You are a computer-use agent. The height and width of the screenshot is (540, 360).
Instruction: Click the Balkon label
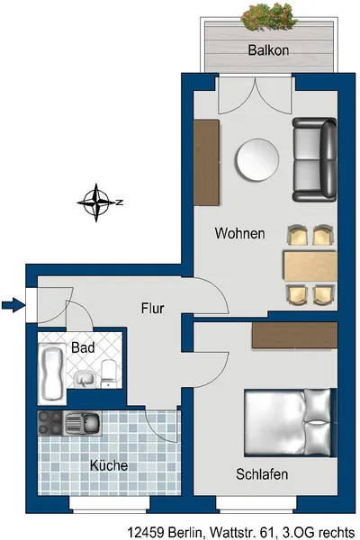(268, 50)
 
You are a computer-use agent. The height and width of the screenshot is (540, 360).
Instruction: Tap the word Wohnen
(240, 233)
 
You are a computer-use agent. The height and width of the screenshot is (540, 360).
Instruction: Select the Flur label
(153, 308)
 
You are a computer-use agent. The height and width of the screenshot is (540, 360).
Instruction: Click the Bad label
(83, 347)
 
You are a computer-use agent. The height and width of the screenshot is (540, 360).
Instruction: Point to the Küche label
(109, 465)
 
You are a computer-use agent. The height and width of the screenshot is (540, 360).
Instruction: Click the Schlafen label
(262, 474)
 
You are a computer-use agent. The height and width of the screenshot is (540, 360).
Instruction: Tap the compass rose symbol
(97, 202)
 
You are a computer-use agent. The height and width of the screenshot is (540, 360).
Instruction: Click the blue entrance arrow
(13, 305)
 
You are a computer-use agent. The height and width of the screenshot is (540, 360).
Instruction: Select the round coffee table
(257, 159)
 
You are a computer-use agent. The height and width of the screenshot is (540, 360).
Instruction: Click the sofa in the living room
(314, 160)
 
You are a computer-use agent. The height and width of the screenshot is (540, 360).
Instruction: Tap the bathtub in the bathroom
(52, 373)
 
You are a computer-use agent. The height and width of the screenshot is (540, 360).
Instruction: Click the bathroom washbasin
(84, 379)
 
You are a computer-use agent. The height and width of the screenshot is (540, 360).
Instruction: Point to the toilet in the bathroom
(110, 373)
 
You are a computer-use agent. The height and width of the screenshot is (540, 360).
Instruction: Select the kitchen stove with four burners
(50, 423)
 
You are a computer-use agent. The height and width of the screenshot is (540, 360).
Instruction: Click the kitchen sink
(83, 423)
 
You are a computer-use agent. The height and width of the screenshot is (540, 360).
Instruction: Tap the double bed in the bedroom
(290, 423)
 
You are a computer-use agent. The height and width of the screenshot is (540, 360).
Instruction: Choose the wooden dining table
(310, 265)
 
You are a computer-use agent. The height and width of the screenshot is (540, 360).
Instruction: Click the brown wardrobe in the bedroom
(294, 335)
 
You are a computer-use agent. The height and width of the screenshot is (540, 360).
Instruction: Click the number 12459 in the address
(147, 532)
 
